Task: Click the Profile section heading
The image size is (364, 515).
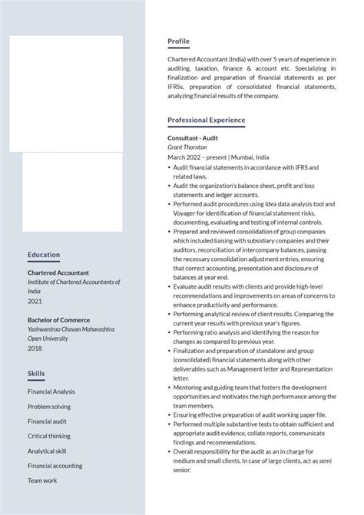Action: tap(178, 41)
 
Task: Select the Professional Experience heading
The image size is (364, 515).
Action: tap(206, 120)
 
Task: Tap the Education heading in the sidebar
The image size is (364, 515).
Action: tap(44, 255)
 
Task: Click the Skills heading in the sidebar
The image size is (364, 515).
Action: tap(36, 373)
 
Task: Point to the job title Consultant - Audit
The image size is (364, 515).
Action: tap(193, 137)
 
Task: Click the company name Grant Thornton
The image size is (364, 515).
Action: tap(187, 147)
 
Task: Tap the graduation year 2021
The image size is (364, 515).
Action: tap(35, 302)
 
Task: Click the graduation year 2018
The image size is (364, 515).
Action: tap(35, 348)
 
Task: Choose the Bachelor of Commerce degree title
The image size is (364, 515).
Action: tap(58, 320)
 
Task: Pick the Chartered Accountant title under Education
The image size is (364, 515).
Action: tap(58, 272)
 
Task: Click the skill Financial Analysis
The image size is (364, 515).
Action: tap(51, 391)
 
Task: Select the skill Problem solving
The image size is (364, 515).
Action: tap(48, 407)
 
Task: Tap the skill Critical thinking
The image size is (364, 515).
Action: tap(49, 436)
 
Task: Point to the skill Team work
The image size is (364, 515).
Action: tap(42, 480)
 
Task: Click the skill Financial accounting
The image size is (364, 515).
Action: tap(55, 466)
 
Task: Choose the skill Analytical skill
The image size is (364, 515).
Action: tap(47, 451)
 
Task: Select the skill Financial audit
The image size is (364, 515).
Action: tap(47, 421)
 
